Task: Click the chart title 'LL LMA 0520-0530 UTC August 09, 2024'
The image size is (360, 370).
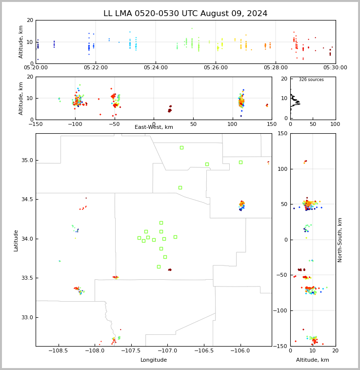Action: [185, 14]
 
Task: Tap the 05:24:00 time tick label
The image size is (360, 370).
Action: [156, 68]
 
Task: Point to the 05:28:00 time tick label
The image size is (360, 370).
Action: [276, 68]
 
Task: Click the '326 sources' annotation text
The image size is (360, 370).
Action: [311, 80]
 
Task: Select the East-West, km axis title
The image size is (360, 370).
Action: [154, 127]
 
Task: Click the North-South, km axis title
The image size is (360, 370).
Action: [340, 240]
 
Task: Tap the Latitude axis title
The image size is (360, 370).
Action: [16, 241]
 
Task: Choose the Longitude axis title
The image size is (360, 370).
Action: [154, 360]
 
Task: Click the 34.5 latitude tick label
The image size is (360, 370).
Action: [27, 199]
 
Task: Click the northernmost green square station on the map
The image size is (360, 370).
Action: [182, 148]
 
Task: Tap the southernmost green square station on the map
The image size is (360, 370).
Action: [159, 267]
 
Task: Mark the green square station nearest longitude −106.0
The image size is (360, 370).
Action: [240, 163]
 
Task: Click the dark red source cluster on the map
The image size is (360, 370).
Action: [170, 270]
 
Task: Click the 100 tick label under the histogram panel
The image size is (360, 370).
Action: [335, 124]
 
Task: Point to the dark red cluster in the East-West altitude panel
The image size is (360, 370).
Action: [170, 109]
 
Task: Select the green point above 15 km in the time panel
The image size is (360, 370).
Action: [192, 28]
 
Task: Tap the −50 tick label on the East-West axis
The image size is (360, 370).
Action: [114, 124]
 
